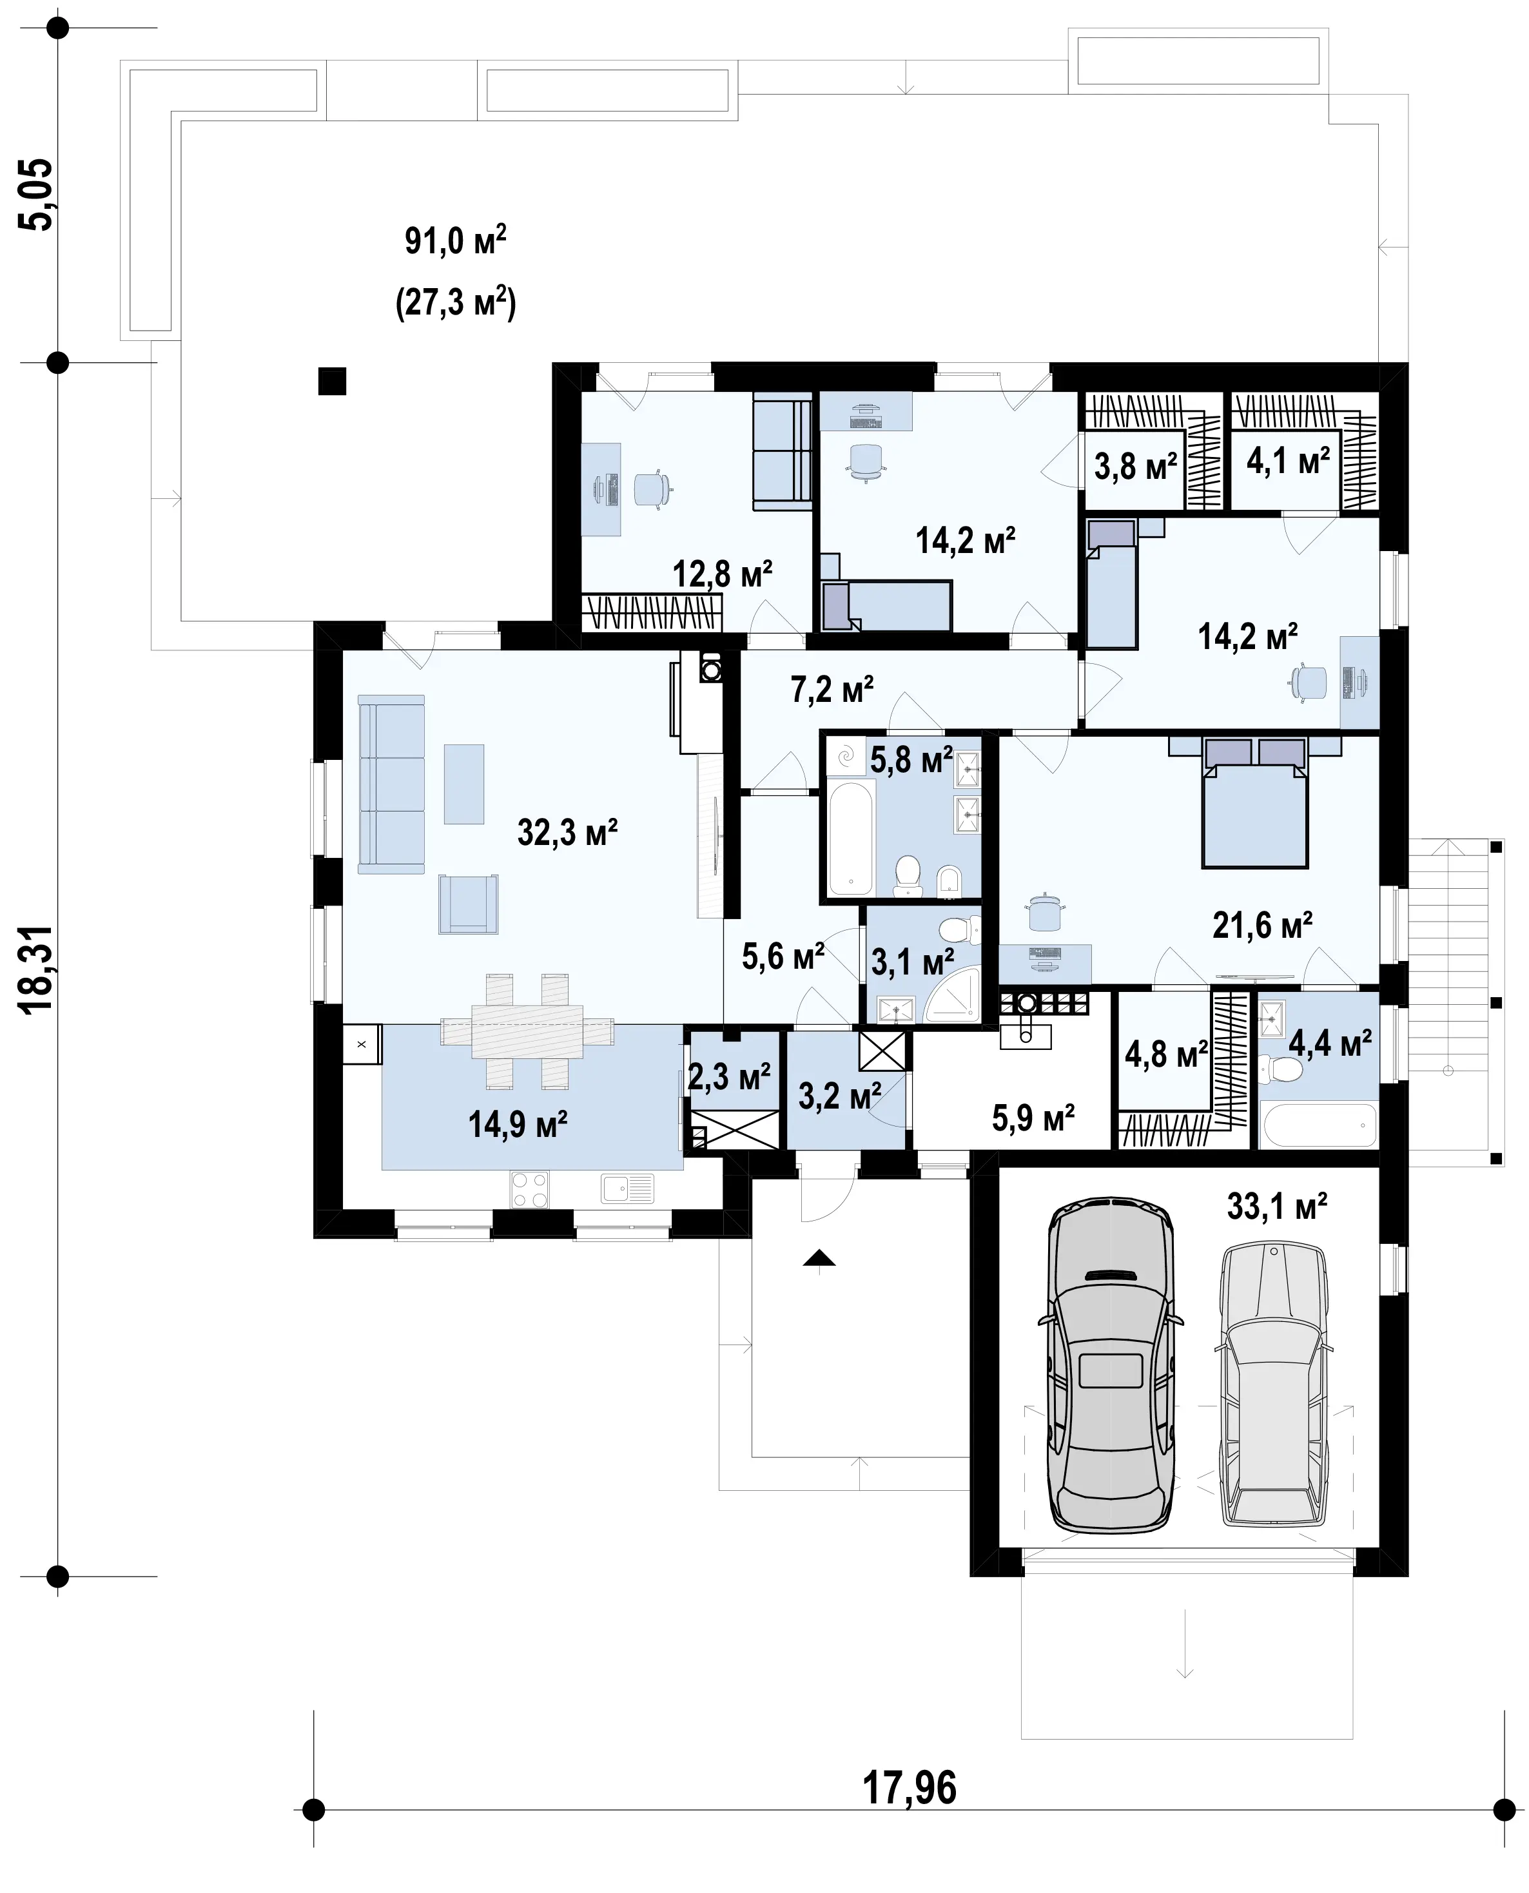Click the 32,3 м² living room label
point(567,832)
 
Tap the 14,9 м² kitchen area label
point(518,1124)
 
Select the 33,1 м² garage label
point(1277,1206)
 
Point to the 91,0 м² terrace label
point(455,240)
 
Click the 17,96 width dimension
point(909,1788)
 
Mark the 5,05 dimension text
point(37,195)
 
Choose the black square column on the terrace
point(332,381)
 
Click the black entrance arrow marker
point(819,1258)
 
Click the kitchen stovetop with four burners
point(529,1189)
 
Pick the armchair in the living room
point(469,904)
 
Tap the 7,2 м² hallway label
point(832,690)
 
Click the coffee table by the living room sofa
point(464,784)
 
